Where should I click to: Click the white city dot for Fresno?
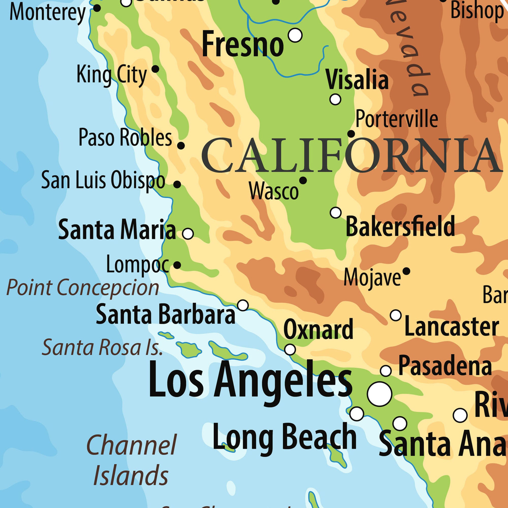[x=295, y=35]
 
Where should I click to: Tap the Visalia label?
[x=357, y=80]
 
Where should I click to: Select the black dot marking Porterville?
[x=351, y=134]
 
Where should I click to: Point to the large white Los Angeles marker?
[x=379, y=394]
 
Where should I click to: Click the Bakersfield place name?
[x=400, y=226]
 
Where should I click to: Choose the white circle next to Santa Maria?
[x=188, y=233]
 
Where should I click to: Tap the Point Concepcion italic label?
[x=83, y=288]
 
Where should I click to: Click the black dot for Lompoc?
[x=177, y=265]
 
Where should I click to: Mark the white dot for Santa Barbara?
[x=243, y=305]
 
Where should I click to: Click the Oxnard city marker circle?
[x=290, y=350]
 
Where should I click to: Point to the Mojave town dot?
[x=406, y=271]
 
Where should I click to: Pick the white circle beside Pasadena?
[x=386, y=371]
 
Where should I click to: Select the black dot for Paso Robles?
[x=181, y=145]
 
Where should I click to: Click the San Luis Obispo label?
[x=103, y=180]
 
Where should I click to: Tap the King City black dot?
[x=155, y=69]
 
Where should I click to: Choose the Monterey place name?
[x=47, y=13]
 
